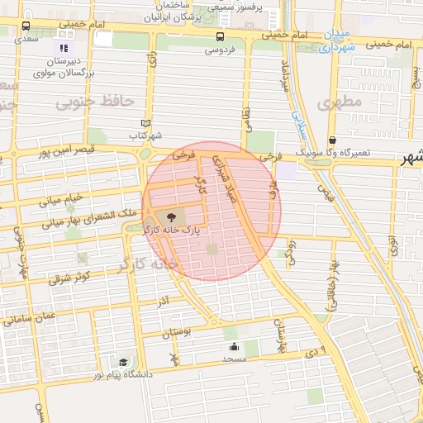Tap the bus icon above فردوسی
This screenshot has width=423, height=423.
(x=219, y=36)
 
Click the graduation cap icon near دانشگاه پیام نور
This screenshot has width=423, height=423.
(x=123, y=362)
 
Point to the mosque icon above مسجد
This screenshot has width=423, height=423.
(x=235, y=347)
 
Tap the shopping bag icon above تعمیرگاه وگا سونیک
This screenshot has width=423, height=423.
(x=332, y=140)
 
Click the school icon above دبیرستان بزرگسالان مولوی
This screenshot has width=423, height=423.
(x=64, y=48)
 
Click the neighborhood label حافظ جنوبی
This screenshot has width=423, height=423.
(x=95, y=102)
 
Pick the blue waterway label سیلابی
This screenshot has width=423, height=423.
(x=301, y=123)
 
